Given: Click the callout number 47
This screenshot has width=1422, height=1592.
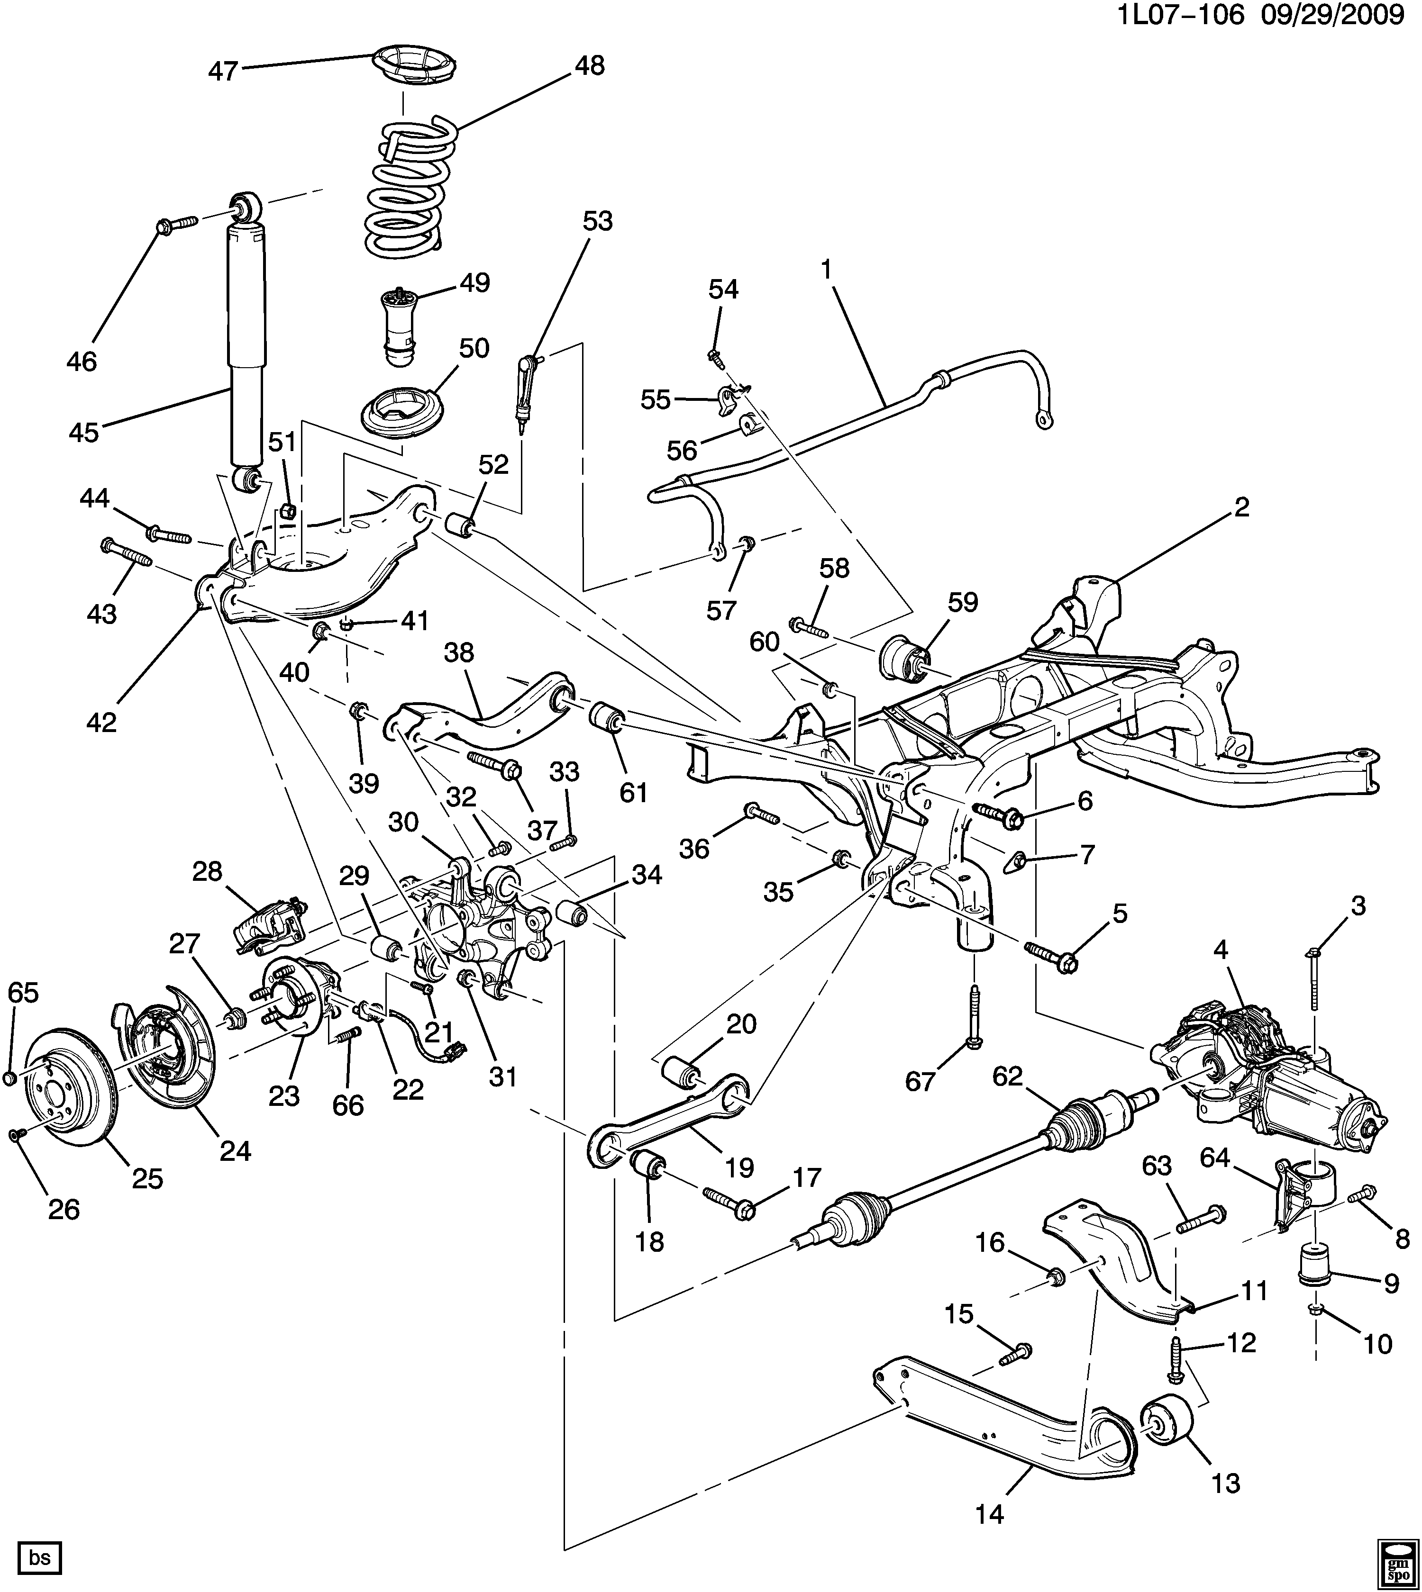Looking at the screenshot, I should [223, 71].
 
